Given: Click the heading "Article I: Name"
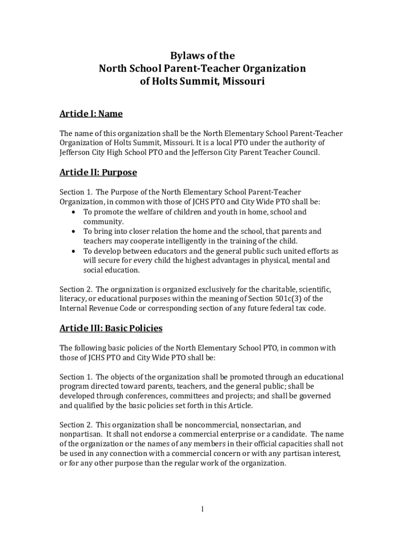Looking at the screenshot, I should (91, 113).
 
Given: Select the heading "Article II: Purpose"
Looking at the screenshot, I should (98, 172).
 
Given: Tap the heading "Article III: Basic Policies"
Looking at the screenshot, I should (111, 328).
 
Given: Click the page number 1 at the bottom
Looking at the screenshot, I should (202, 509).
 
